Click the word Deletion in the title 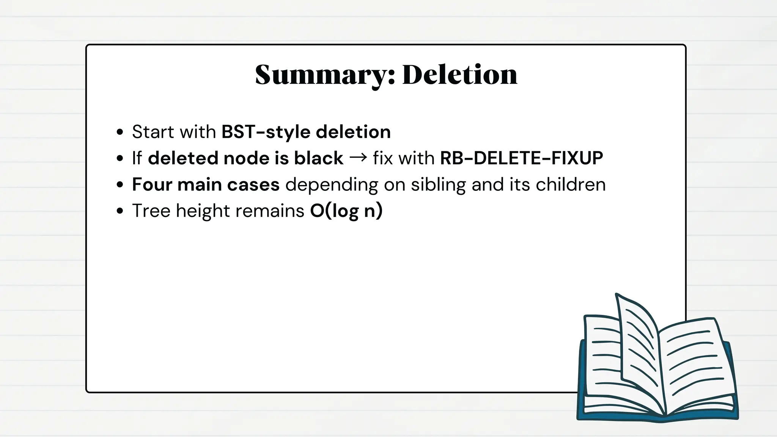tap(459, 75)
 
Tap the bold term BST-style tap(266, 132)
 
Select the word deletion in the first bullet tap(353, 132)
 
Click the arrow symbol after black tap(358, 158)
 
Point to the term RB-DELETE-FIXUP tap(521, 158)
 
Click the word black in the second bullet tap(318, 158)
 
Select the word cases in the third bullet tap(253, 184)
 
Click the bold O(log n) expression tap(346, 211)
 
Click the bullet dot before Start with tap(120, 132)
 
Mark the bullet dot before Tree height tap(120, 211)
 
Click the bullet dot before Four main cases tap(120, 185)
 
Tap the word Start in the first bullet tap(153, 132)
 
